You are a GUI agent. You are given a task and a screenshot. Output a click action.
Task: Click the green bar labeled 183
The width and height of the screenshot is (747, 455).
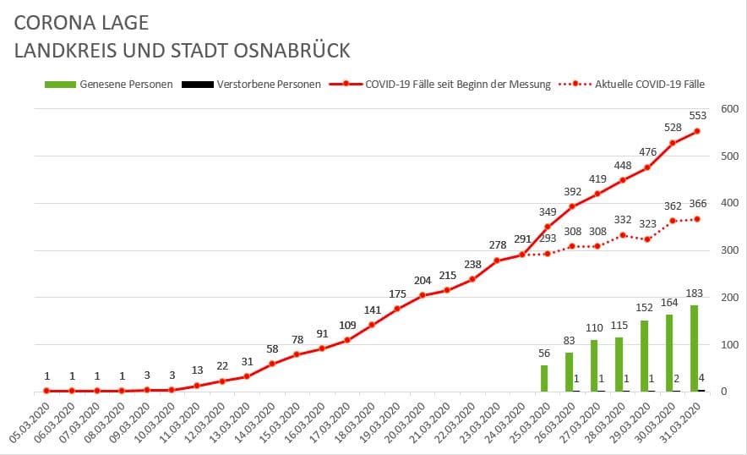point(694,348)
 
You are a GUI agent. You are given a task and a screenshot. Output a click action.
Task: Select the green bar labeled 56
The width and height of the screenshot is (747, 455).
point(544,378)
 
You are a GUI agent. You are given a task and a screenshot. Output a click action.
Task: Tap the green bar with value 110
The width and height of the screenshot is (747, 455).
point(594,365)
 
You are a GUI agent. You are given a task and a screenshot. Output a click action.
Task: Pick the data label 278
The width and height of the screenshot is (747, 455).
point(498,245)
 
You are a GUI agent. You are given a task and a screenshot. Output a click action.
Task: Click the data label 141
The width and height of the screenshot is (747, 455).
point(373,310)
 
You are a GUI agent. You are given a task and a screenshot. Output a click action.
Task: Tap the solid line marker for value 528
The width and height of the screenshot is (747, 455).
point(673,143)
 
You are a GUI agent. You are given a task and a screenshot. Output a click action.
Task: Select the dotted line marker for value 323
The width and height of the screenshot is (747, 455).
point(648,239)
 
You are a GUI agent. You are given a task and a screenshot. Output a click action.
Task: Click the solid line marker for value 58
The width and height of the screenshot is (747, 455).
point(272,364)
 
